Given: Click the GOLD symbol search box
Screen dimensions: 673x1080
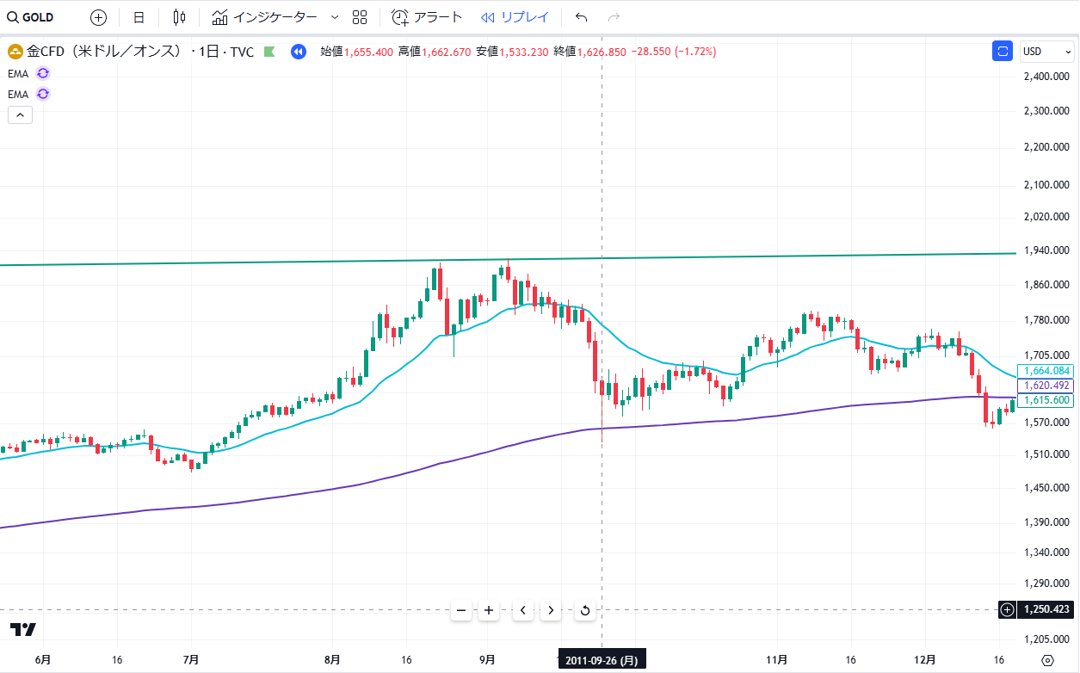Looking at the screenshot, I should [31, 17].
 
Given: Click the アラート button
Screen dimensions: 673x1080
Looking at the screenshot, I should [427, 17].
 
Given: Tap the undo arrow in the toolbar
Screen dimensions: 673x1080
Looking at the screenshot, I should [582, 17].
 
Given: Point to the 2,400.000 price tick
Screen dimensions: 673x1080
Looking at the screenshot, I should [1046, 77].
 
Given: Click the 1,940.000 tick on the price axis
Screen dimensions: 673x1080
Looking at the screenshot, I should [1046, 250].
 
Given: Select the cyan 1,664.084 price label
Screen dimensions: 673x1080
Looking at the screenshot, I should [1046, 371].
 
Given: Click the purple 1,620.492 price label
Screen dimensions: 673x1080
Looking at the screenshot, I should [1046, 386].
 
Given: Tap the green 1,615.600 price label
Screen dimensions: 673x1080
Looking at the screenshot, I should [1046, 400].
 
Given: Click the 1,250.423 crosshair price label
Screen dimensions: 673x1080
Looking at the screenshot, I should [1046, 610].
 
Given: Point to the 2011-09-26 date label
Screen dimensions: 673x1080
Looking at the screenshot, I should [602, 660].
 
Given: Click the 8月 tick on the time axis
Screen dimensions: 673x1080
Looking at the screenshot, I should [332, 660].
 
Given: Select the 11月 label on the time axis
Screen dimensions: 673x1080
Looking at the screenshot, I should [777, 660].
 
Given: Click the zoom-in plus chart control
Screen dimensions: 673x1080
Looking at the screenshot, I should [489, 611].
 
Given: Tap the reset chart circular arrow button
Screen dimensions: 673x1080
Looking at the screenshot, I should [585, 611].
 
